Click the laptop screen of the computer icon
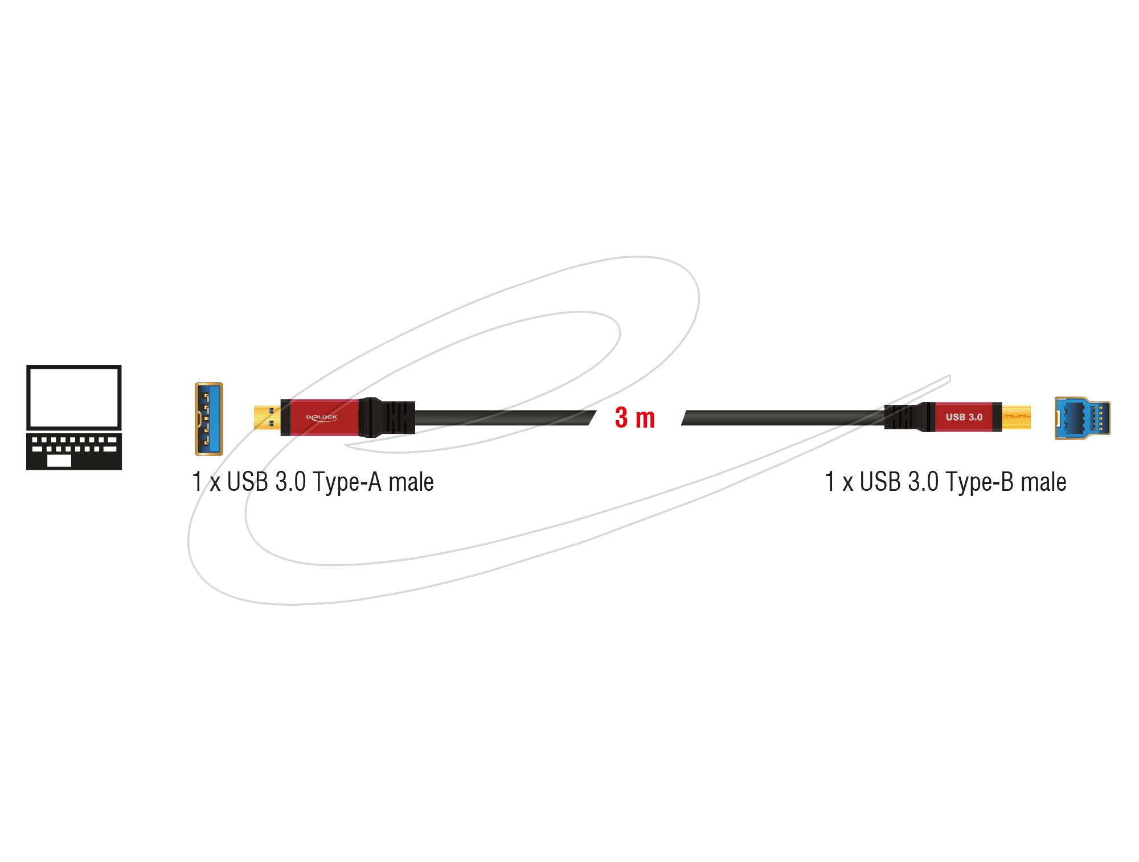[x=74, y=398]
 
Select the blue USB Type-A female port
[x=209, y=419]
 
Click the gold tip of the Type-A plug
[x=267, y=418]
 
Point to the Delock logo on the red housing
[x=322, y=417]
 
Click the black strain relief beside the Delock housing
[x=387, y=417]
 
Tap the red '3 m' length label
[x=635, y=418]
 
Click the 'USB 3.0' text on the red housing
[x=964, y=417]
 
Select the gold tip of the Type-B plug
[x=1017, y=417]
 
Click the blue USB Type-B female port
[x=1082, y=418]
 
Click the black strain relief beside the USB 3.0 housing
[x=910, y=417]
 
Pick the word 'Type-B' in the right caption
[x=980, y=483]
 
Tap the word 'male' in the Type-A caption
[x=411, y=482]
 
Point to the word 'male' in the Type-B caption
[x=1043, y=482]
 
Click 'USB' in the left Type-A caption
[x=248, y=482]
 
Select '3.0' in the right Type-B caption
[x=923, y=482]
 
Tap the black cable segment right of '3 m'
[x=783, y=418]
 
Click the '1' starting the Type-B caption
[x=830, y=482]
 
